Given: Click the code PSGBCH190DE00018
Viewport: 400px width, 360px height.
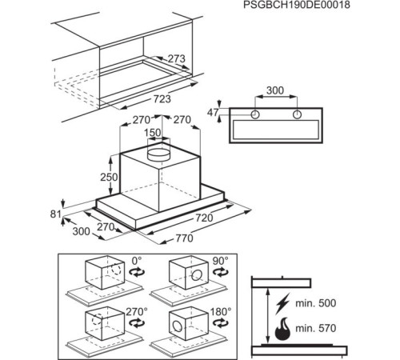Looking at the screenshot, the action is click(297, 5).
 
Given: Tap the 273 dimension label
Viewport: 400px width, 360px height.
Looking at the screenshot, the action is click(176, 58).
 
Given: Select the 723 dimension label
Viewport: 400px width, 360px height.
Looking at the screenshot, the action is click(162, 99).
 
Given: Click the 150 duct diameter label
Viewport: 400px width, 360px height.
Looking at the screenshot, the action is click(153, 133).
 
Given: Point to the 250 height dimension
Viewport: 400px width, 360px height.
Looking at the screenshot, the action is click(109, 177).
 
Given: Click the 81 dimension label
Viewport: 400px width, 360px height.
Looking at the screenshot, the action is click(55, 214).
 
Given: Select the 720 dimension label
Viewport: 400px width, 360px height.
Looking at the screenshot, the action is click(205, 218).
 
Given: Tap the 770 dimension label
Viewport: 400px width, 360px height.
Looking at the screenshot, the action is click(184, 238).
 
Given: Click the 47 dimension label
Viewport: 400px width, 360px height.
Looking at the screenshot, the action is click(213, 113).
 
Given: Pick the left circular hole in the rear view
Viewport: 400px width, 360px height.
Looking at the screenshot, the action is click(255, 114).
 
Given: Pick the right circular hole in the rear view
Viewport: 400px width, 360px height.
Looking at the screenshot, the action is click(297, 114).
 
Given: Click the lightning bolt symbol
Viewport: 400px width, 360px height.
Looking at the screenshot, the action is click(282, 304).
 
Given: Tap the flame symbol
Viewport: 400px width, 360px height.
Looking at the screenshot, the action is click(282, 329).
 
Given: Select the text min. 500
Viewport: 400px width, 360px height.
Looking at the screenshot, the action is click(316, 303).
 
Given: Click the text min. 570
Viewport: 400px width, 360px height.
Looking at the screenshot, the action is click(316, 328).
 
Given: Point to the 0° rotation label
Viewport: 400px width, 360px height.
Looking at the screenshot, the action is click(136, 260).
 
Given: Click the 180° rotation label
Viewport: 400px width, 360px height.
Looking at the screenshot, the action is click(221, 311).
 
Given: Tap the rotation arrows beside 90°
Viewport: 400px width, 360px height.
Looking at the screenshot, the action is click(220, 272).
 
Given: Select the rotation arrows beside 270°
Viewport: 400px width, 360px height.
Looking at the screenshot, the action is click(137, 323).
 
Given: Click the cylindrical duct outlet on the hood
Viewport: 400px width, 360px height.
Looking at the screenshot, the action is click(158, 154).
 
